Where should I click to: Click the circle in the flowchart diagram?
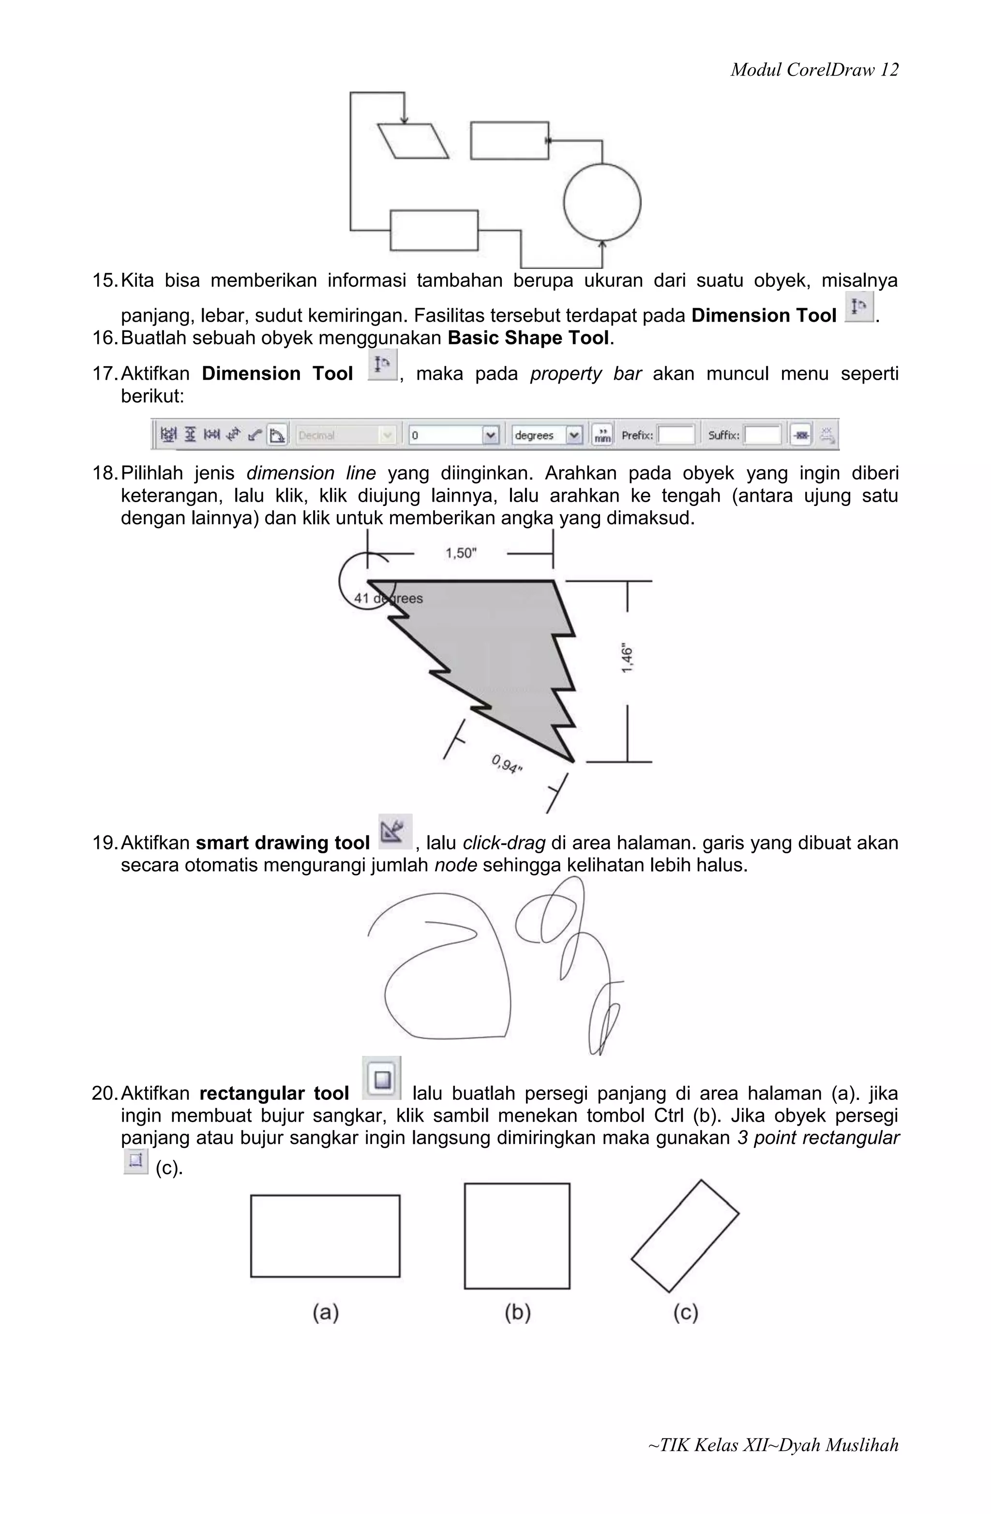coord(602,202)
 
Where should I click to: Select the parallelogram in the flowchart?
coord(413,141)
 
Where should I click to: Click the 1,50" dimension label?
coord(460,553)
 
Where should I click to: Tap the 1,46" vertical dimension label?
coord(628,659)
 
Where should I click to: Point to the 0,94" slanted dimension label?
coord(507,763)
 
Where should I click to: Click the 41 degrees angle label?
coord(388,599)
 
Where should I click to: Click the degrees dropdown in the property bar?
coord(547,435)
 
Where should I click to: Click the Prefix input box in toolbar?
coord(676,435)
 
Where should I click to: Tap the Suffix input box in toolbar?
coord(762,435)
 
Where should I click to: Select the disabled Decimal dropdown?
coord(345,435)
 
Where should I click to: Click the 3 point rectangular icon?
coord(135,1161)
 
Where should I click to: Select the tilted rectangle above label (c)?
coord(685,1236)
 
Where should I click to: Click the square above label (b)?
coord(517,1236)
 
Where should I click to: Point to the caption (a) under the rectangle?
coord(325,1312)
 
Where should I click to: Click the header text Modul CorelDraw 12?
coord(814,70)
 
